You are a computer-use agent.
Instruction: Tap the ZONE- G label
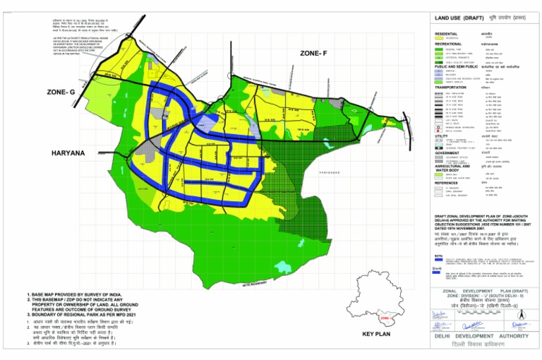61,92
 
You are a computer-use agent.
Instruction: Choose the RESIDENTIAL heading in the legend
446,33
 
